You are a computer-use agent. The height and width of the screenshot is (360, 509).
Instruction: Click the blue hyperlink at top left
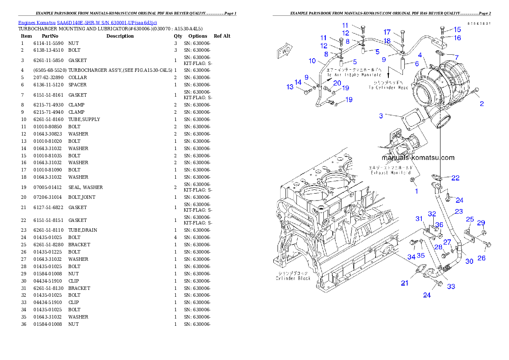click(x=87, y=22)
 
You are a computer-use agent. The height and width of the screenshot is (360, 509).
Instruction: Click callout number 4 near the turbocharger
click(x=420, y=55)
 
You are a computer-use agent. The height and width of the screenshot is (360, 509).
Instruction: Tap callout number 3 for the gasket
click(x=381, y=116)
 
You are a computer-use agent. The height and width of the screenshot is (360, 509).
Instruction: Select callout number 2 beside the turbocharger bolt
click(x=482, y=103)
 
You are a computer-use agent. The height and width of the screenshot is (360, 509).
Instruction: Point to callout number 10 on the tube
click(x=312, y=61)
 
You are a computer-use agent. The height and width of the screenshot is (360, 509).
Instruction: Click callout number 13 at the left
click(x=290, y=87)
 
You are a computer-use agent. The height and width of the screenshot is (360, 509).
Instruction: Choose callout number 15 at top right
click(x=458, y=30)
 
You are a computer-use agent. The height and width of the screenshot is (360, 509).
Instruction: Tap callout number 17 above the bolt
click(x=387, y=32)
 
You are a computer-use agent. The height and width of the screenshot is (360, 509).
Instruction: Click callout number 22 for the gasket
click(x=456, y=178)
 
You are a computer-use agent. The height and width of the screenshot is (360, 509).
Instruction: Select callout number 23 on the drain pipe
click(x=459, y=211)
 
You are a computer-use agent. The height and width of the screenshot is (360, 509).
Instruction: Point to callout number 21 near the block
click(x=405, y=283)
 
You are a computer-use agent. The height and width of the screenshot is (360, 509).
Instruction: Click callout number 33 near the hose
click(x=451, y=286)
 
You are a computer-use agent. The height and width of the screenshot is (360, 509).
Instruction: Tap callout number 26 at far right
click(x=482, y=258)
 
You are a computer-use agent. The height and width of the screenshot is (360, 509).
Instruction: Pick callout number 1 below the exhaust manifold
click(x=417, y=191)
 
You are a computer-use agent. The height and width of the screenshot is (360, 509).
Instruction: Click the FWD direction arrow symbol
click(x=284, y=51)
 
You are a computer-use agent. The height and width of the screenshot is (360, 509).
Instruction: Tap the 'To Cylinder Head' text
click(x=389, y=88)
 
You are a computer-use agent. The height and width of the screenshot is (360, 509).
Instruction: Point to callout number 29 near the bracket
click(x=481, y=222)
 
